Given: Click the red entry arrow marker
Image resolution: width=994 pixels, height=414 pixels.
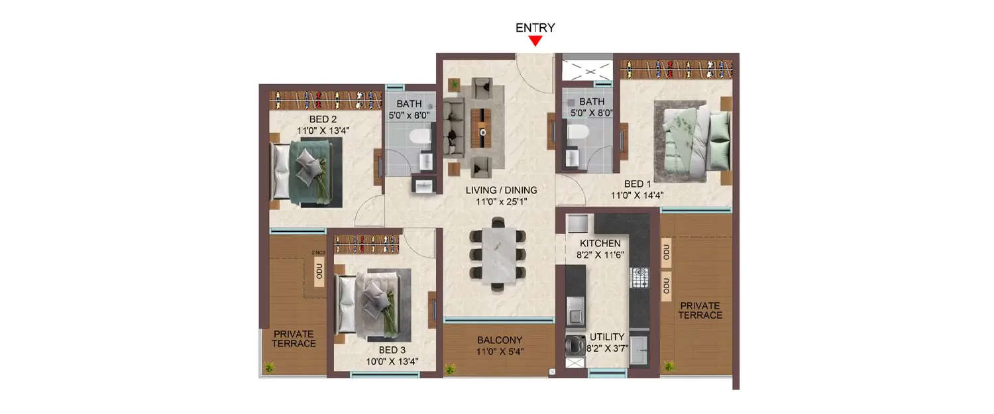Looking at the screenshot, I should [535, 41].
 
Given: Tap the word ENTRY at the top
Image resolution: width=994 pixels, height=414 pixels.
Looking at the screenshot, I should [535, 28].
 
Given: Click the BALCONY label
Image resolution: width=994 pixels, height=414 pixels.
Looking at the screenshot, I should [500, 340].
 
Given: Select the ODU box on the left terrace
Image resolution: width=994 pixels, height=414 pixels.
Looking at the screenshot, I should [319, 274].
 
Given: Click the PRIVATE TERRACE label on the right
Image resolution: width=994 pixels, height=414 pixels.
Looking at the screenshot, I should [700, 310].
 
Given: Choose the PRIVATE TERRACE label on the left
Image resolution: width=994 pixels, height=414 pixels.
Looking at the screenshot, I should [294, 338].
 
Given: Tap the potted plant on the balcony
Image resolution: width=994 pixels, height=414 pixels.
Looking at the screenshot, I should [451, 368].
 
